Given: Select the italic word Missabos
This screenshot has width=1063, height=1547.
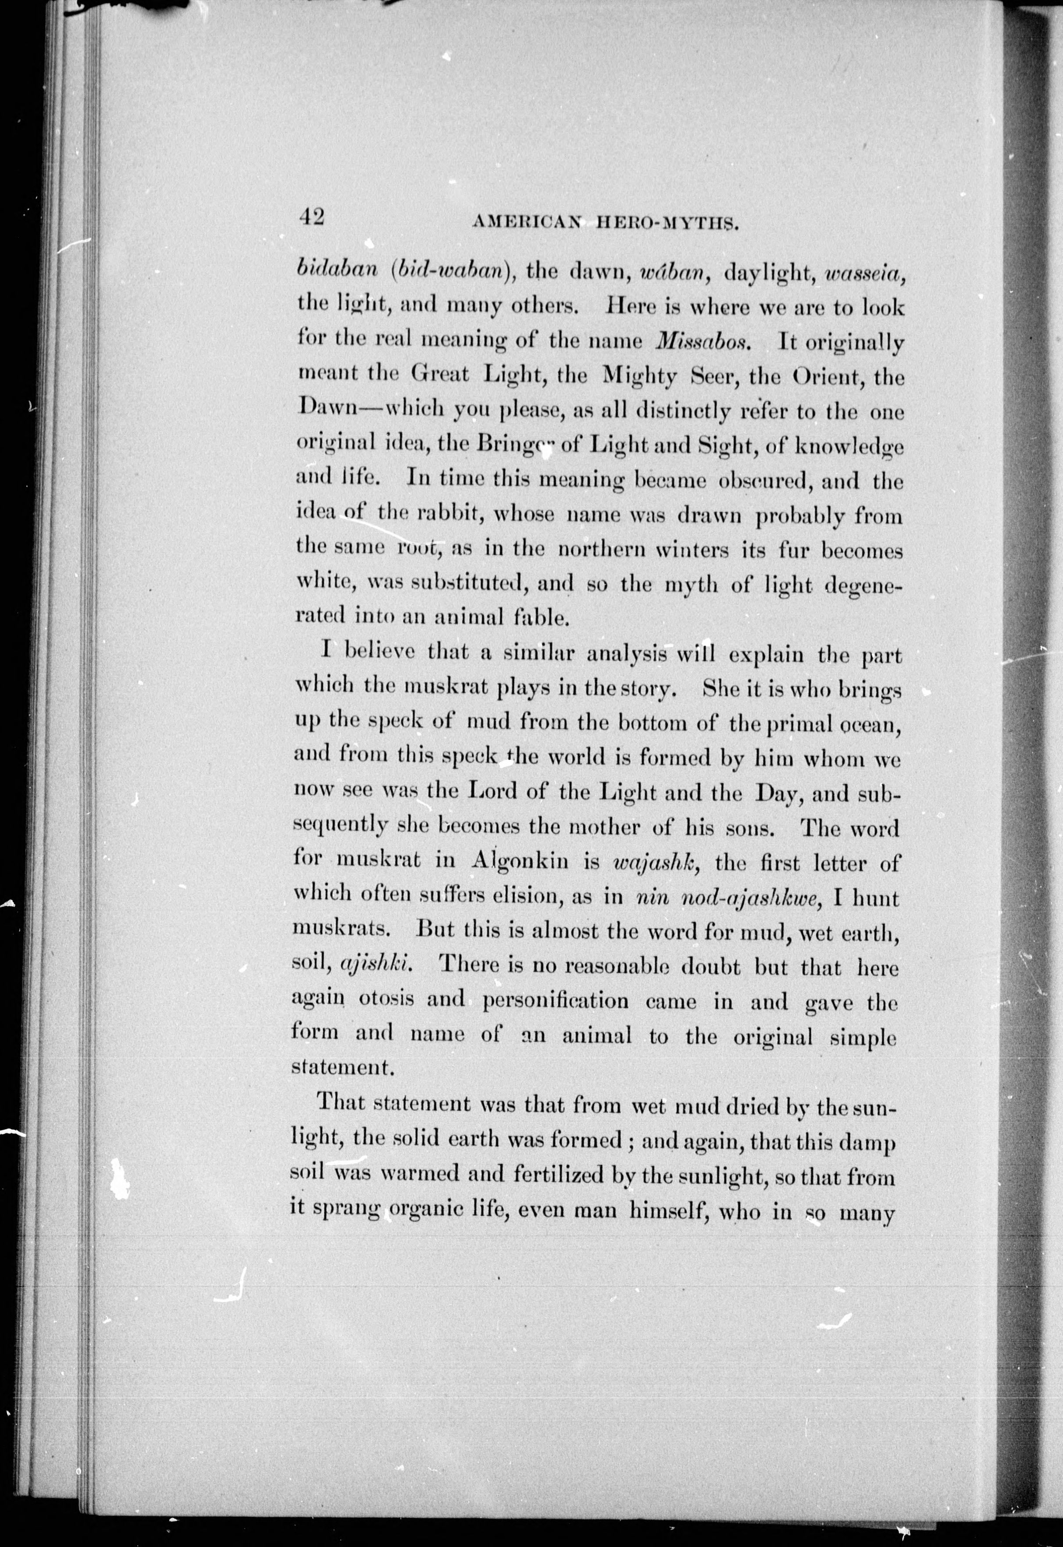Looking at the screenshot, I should click(x=704, y=342).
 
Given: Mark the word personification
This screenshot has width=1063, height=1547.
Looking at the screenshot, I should click(x=555, y=1001).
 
